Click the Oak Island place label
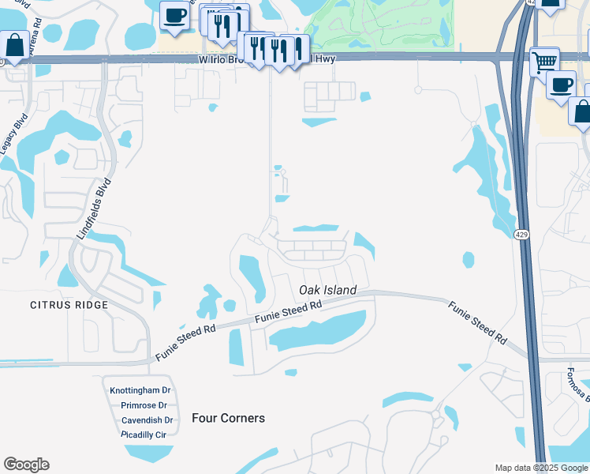327,290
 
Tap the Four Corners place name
228,418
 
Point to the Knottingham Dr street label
140,390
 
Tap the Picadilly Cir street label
143,434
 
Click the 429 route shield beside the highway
521,235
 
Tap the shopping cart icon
543,60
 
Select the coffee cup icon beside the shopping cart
561,84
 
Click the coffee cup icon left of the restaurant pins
174,15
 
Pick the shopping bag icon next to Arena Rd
13,46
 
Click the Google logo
26,465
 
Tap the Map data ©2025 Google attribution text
541,468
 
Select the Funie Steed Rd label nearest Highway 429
477,322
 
